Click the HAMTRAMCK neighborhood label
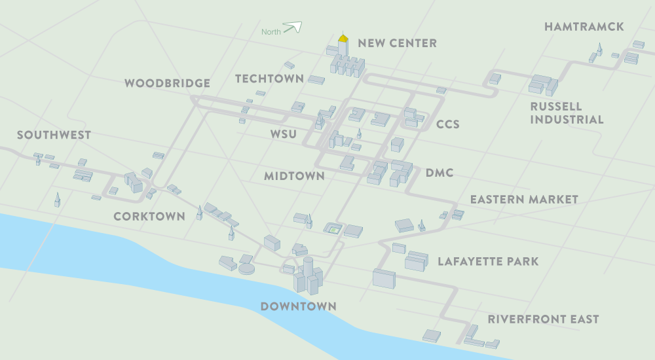[x=584, y=27]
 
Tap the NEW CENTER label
[x=397, y=43]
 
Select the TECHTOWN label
[x=269, y=79]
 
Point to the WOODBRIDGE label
[x=167, y=83]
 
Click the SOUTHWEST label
[x=54, y=135]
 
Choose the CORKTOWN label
[x=149, y=216]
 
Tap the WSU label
[x=284, y=135]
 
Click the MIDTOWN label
[x=294, y=175]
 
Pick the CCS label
[x=448, y=124]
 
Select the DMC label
[x=440, y=173]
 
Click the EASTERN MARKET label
[x=524, y=199]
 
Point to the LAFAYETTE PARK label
[x=488, y=262]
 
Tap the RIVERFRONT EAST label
[x=543, y=319]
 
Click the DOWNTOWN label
[x=298, y=306]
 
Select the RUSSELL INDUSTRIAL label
[x=567, y=113]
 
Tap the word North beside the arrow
[x=271, y=32]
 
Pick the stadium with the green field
[x=333, y=228]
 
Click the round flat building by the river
[x=246, y=268]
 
